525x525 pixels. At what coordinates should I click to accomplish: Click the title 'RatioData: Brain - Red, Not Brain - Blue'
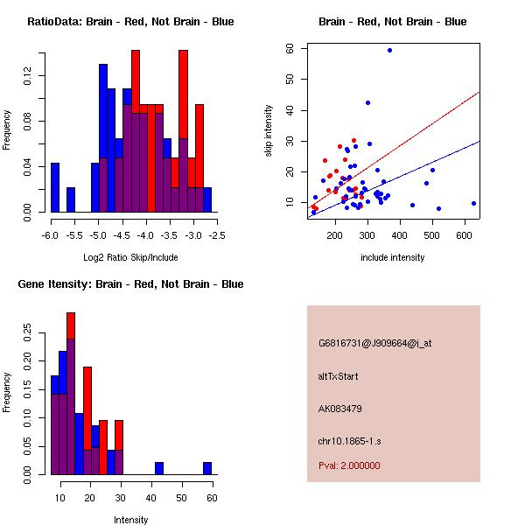pos(130,22)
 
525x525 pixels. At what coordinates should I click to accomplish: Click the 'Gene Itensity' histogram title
pos(130,284)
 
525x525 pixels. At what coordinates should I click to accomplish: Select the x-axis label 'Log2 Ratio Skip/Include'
pos(130,256)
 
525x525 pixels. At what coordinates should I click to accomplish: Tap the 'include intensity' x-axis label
pos(393,256)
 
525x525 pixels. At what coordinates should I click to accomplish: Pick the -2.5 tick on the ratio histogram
pos(217,234)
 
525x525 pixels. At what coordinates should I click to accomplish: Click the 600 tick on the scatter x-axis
pos(465,234)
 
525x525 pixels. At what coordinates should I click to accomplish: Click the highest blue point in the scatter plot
pos(389,50)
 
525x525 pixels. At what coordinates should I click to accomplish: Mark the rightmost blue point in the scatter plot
pos(473,203)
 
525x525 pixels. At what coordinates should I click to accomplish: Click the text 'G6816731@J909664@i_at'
pos(375,343)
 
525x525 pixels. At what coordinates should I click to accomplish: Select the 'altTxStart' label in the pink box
pos(339,376)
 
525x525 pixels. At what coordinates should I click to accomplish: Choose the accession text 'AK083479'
pos(340,408)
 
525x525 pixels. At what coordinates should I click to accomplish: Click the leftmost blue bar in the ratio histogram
pos(55,188)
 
